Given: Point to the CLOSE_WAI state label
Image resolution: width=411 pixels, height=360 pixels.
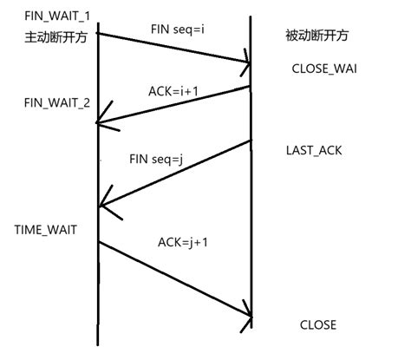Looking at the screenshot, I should (x=325, y=67).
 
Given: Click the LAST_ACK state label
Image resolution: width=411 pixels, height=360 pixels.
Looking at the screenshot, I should (x=314, y=150).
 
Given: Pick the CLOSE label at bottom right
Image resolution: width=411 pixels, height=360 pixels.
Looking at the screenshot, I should (x=317, y=325).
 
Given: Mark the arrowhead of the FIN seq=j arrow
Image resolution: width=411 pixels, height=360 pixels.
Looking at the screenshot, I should (x=101, y=206).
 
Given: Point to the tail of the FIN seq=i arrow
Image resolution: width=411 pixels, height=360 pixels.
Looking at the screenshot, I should (x=97, y=33).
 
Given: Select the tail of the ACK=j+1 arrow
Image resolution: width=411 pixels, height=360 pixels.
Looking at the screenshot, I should (x=97, y=242).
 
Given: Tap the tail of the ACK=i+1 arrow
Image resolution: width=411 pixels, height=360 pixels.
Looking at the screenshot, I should (x=251, y=85).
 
